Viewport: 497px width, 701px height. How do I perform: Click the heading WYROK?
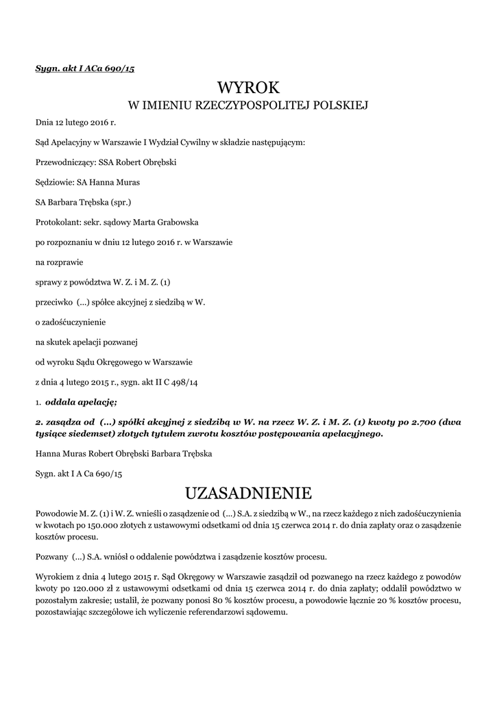pyautogui.click(x=248, y=87)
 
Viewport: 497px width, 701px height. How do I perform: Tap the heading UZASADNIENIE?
pyautogui.click(x=248, y=493)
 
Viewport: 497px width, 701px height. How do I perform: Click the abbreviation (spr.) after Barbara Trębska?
pyautogui.click(x=120, y=203)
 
